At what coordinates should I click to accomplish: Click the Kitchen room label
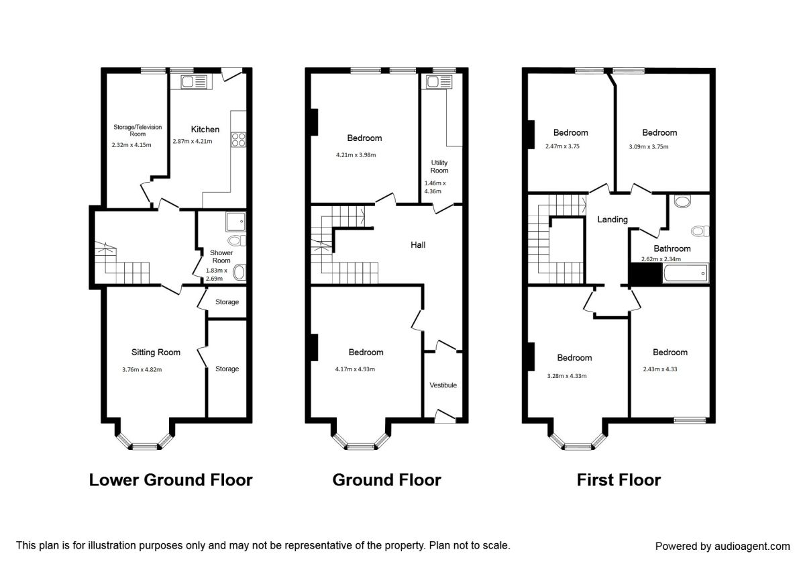click(x=205, y=130)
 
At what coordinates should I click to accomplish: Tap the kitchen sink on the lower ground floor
click(x=194, y=82)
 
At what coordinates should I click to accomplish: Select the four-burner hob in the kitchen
click(x=239, y=140)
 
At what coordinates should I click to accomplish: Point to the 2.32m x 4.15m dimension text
click(x=131, y=145)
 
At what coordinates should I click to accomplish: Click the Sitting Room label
click(x=156, y=352)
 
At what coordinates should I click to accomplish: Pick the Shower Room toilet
click(x=237, y=240)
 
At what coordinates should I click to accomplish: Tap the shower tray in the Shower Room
click(x=235, y=222)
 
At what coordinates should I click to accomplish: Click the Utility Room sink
click(x=439, y=82)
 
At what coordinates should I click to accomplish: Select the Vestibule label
click(x=443, y=385)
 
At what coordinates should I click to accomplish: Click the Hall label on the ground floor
click(x=418, y=245)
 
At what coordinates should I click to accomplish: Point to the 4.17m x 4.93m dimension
click(x=355, y=369)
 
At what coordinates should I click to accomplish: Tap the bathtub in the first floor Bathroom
click(x=686, y=274)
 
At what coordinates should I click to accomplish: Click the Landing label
click(x=612, y=220)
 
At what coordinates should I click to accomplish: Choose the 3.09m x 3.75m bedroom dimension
click(x=649, y=147)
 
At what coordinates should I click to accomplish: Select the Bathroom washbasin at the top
click(x=682, y=201)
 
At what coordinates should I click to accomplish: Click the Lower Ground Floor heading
click(x=170, y=480)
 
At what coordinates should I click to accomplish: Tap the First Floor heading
click(x=619, y=480)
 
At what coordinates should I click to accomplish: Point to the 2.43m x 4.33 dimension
click(x=660, y=369)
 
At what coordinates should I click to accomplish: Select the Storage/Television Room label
click(x=138, y=130)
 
